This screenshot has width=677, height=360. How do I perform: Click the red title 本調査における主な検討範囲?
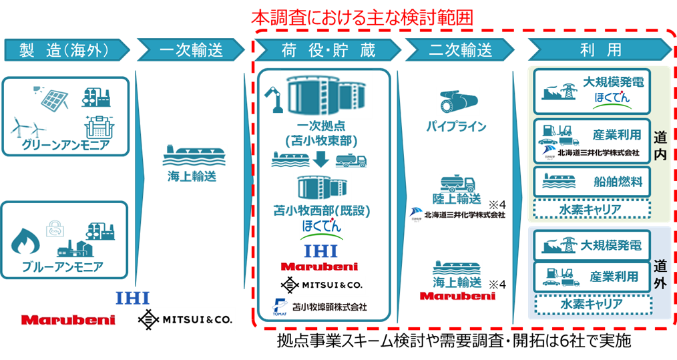[362, 18]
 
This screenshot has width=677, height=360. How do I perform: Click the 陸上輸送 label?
[457, 200]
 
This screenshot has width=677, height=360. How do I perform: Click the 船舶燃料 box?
[592, 180]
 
